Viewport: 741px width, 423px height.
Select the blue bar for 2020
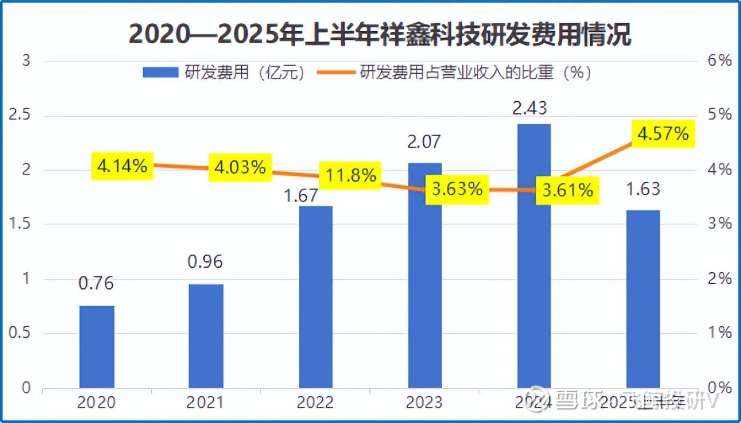tap(97, 347)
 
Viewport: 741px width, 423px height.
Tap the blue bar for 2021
tap(206, 336)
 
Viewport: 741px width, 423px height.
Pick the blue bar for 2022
tap(316, 297)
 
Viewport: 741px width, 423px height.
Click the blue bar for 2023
tap(425, 276)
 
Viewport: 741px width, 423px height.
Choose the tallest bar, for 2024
tap(534, 256)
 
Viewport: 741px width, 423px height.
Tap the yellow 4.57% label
tap(662, 133)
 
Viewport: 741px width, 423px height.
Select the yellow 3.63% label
tap(457, 189)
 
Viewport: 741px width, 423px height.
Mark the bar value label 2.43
tap(529, 108)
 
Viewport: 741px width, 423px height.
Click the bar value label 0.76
tap(96, 283)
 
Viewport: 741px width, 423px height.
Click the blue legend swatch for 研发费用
tap(160, 73)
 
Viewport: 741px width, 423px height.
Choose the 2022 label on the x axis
tap(315, 402)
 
